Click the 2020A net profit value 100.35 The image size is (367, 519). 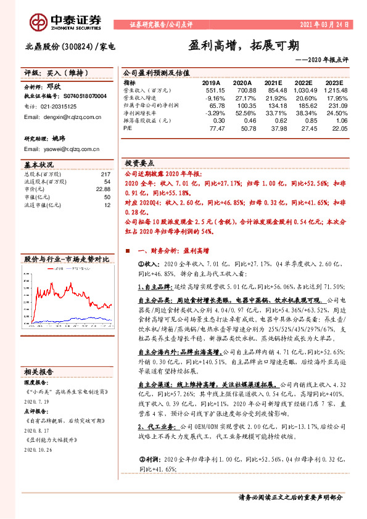click(245, 105)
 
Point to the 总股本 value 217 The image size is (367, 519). click(105, 174)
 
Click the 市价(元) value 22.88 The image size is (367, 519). click(103, 189)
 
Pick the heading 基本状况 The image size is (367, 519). click(39, 165)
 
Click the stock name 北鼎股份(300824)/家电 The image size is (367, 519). click(70, 46)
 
